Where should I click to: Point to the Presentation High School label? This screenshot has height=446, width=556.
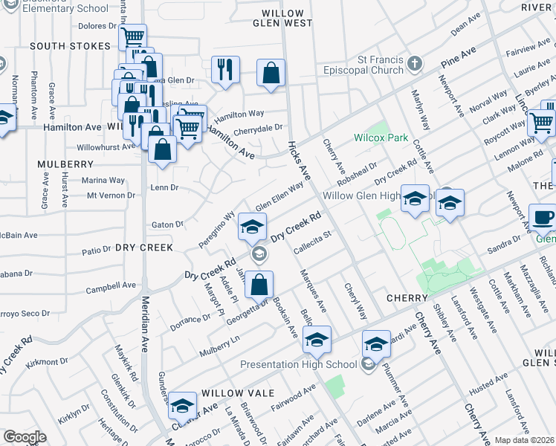tap(298, 364)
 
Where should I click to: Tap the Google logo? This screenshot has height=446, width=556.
tap(25, 437)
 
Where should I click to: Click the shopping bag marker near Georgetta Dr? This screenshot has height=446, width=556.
tap(259, 284)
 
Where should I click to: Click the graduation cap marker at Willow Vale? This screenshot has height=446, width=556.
tap(182, 406)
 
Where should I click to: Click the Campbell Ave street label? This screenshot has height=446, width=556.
tap(111, 285)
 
